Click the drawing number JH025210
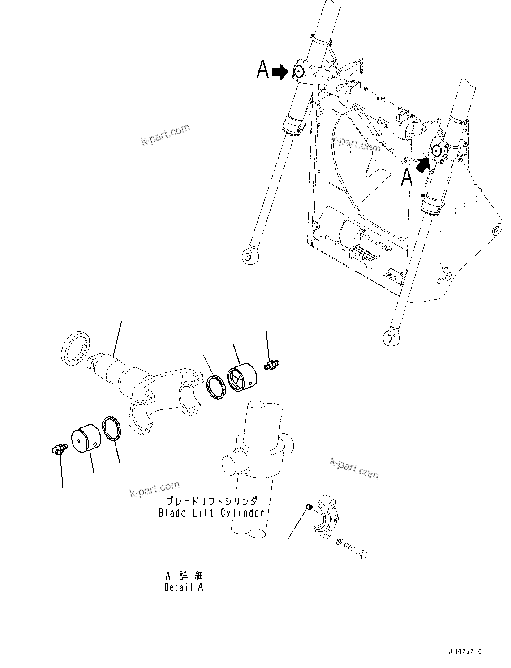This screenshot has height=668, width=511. [464, 652]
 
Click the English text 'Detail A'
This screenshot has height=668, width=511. [184, 587]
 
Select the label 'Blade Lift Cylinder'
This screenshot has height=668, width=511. [211, 513]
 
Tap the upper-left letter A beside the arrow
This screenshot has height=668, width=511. [263, 70]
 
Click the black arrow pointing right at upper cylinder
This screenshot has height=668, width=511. [281, 72]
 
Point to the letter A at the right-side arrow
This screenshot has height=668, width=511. [406, 178]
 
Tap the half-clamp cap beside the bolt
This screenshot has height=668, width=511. [326, 520]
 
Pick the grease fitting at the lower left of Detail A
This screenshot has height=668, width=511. [59, 448]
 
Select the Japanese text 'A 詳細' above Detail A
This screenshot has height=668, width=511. [184, 576]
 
